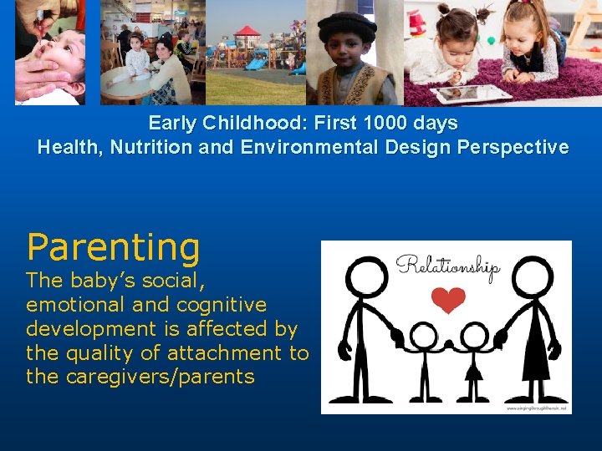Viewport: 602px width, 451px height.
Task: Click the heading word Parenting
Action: click(113, 248)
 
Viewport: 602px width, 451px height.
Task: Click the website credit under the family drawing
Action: click(537, 408)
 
